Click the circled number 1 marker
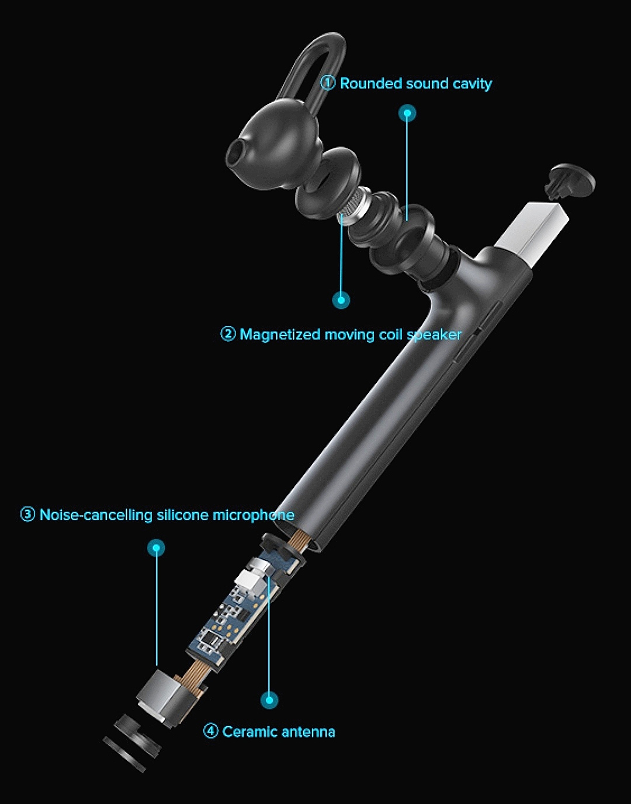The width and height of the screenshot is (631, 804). [x=328, y=83]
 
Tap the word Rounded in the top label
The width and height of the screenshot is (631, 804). [x=371, y=83]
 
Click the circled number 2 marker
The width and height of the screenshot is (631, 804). [x=228, y=334]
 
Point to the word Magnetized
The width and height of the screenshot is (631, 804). [x=280, y=335]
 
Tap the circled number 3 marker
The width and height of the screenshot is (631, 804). [x=27, y=514]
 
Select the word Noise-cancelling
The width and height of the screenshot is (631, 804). [x=96, y=515]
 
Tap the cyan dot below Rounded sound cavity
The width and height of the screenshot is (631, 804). [x=407, y=113]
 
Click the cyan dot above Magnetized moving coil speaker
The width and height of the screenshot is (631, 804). [x=341, y=300]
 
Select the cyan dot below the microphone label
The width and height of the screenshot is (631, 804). [x=156, y=548]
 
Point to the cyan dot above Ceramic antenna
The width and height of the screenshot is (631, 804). [x=269, y=700]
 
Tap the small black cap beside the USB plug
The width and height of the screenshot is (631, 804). [x=570, y=182]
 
